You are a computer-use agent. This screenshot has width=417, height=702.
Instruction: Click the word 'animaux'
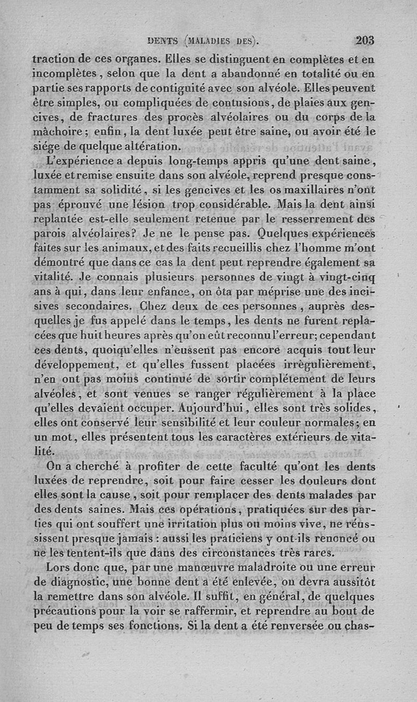pos(120,244)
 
